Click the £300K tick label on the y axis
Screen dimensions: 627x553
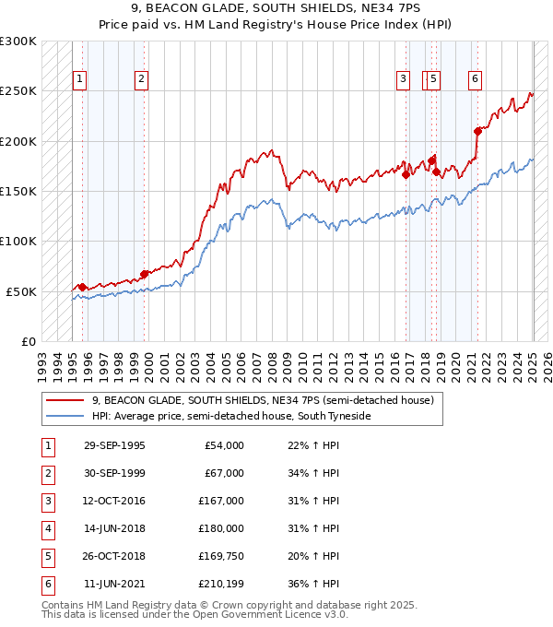(x=18, y=41)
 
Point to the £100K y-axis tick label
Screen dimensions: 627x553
(x=18, y=242)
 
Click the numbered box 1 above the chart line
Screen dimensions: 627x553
(x=80, y=79)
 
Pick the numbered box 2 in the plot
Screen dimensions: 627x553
(x=141, y=79)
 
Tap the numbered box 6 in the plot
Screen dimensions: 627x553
(x=474, y=79)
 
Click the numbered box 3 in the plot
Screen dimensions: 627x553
(x=404, y=79)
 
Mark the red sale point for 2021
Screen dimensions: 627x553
(x=477, y=131)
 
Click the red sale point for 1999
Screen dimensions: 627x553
(x=144, y=274)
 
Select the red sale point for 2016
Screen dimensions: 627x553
(x=406, y=173)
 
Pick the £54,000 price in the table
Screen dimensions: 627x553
(x=224, y=445)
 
